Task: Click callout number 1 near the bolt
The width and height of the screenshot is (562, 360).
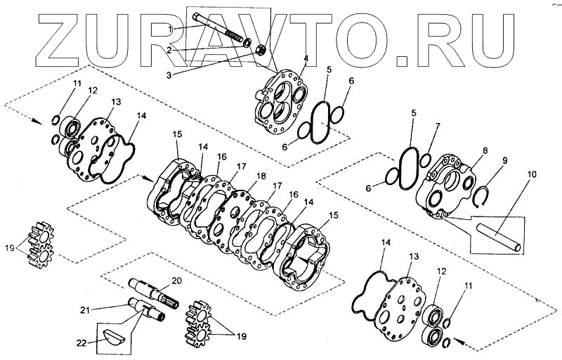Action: point(170,28)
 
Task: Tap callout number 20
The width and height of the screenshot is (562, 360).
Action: point(176,281)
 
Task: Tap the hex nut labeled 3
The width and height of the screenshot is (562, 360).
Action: point(258,50)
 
